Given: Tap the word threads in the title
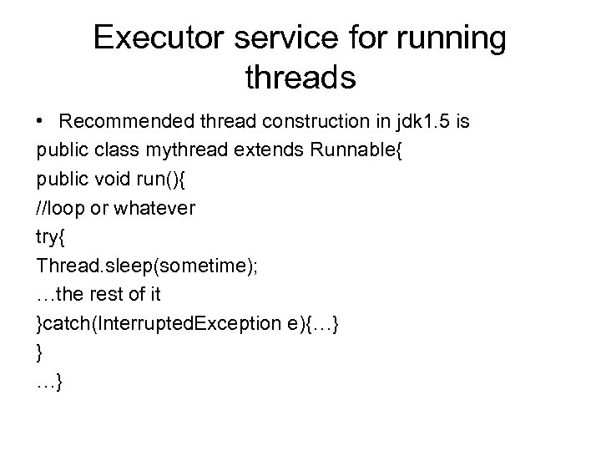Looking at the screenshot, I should (301, 77).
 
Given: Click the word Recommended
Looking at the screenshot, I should (119, 122).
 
